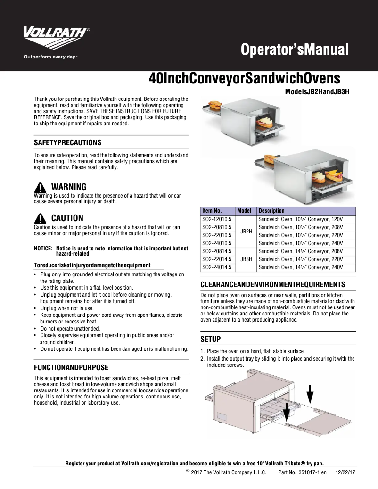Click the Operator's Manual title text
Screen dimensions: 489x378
(295, 50)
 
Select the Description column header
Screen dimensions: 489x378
(271, 211)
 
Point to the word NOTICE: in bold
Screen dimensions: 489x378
(43, 249)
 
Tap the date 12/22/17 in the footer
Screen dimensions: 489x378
(345, 472)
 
